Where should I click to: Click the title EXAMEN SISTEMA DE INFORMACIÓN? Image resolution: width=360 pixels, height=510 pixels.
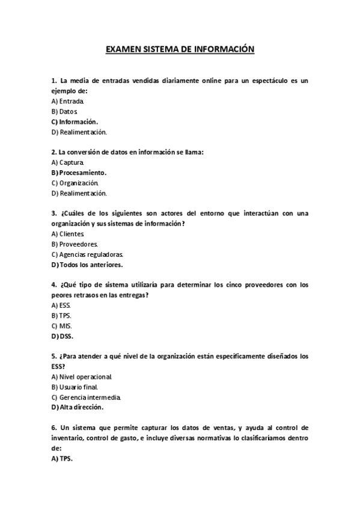[x=180, y=50]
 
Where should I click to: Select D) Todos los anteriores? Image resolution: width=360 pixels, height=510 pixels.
[x=87, y=264]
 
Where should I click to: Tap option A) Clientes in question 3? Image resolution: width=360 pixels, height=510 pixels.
[x=68, y=233]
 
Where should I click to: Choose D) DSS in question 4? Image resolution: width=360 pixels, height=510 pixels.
[x=63, y=336]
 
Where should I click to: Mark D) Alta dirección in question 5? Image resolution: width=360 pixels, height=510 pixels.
[x=78, y=407]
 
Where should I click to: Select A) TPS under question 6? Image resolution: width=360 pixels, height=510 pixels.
[x=62, y=458]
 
